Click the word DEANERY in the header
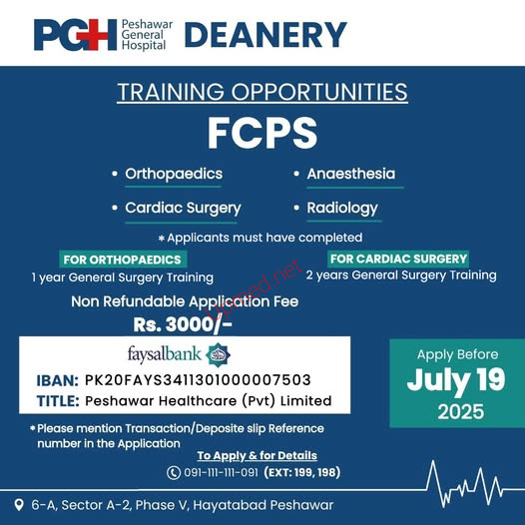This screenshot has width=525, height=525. coord(265,35)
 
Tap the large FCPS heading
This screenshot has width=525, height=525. coord(262,133)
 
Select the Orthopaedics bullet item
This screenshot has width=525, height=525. coord(174,174)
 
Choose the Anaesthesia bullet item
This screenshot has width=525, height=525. coord(351,174)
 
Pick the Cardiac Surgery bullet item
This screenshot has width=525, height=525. coord(183,208)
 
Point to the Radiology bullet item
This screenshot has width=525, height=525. coord(342,208)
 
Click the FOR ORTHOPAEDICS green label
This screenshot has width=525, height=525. coord(123,260)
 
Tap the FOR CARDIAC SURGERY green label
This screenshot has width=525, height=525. coord(398,259)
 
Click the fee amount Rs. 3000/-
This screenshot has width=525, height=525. coord(183,324)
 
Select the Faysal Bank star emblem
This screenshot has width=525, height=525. coord(218,354)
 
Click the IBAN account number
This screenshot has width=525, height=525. coord(198,380)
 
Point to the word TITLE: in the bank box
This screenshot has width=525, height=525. coord(58,401)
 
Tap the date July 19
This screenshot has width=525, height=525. coord(456,380)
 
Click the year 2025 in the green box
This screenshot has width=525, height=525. coord(461,411)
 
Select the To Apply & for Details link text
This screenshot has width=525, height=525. coord(257,455)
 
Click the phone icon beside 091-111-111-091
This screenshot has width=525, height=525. coord(174,473)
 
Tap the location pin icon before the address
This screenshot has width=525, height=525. coord(19,505)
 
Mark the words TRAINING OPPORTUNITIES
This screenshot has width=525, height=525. coord(262,92)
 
